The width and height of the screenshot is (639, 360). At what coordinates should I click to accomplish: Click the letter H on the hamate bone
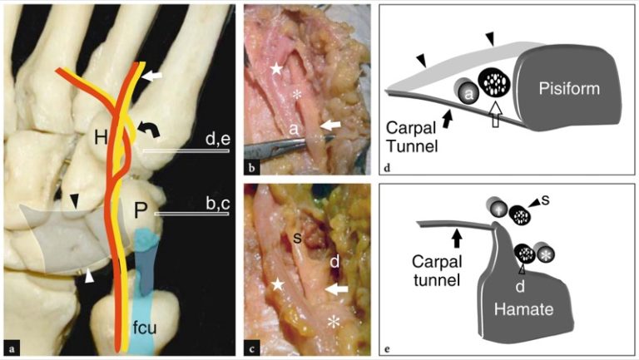[x=100, y=138]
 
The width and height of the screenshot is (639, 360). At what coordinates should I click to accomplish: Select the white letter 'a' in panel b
[x=293, y=130]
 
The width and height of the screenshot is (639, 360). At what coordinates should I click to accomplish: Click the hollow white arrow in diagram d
[x=497, y=113]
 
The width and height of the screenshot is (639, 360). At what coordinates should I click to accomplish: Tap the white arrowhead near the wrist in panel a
[x=86, y=276]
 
